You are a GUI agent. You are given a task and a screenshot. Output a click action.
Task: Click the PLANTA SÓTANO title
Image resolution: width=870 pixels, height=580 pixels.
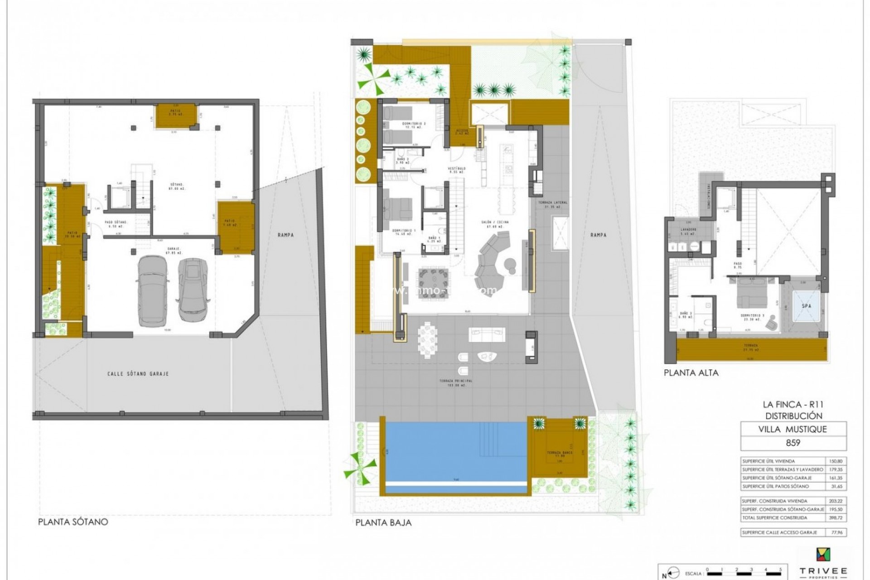coord(73,522)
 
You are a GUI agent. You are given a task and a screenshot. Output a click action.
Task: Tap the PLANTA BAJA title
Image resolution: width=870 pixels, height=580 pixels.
coord(383,522)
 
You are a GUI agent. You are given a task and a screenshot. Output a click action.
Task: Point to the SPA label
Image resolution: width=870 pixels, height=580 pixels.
coord(807,306)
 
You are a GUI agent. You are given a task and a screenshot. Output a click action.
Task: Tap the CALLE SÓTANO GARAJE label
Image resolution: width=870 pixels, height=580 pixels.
coord(138,374)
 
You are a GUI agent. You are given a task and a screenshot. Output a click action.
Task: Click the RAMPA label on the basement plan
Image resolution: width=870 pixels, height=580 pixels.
coord(286,235)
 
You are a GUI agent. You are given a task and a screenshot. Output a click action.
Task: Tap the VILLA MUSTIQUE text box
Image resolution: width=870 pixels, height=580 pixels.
coord(793,429)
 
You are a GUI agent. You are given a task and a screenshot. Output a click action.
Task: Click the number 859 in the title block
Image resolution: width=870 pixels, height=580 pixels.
coord(793,443)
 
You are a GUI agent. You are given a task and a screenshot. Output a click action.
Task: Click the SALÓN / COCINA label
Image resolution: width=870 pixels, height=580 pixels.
coord(495,222)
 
